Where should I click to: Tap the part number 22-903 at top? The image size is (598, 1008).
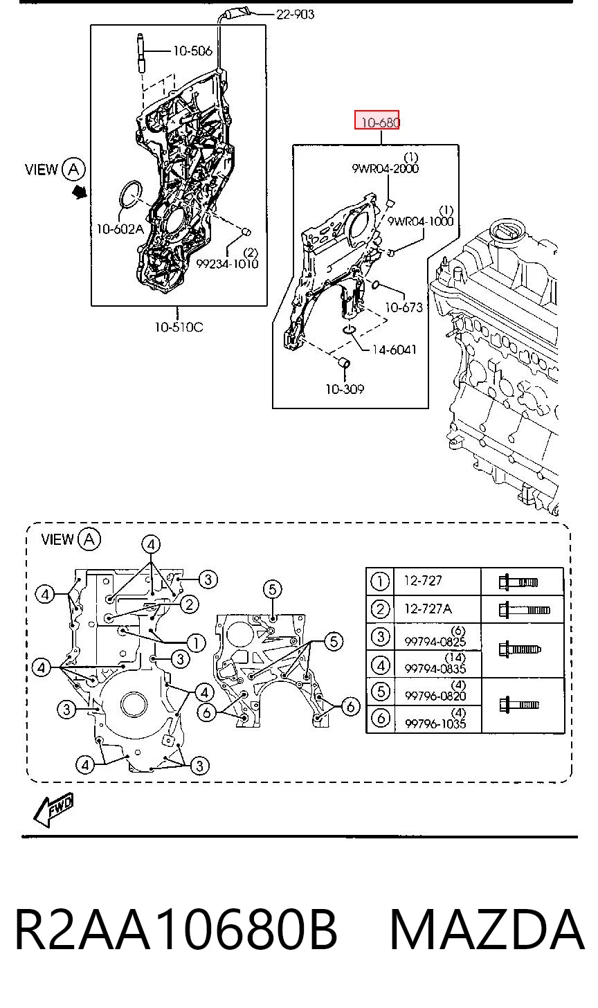[x=295, y=15]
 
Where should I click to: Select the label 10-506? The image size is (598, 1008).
[x=192, y=51]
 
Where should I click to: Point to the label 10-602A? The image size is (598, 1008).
[x=120, y=229]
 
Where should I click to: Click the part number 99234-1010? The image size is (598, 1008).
[x=227, y=264]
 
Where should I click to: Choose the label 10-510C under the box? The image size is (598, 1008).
[x=179, y=327]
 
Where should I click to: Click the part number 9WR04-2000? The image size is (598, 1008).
[x=385, y=169]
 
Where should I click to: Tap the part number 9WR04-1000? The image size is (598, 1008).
[x=420, y=221]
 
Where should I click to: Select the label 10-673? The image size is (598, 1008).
[x=404, y=307]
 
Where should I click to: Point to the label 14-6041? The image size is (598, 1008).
[x=394, y=350]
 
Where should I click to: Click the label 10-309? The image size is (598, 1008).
[x=345, y=389]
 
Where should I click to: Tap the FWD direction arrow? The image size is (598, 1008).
[x=53, y=811]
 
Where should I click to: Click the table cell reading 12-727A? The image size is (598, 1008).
[x=428, y=609]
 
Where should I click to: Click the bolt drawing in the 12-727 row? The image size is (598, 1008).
[x=518, y=582]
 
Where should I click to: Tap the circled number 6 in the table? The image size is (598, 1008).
[x=381, y=718]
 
